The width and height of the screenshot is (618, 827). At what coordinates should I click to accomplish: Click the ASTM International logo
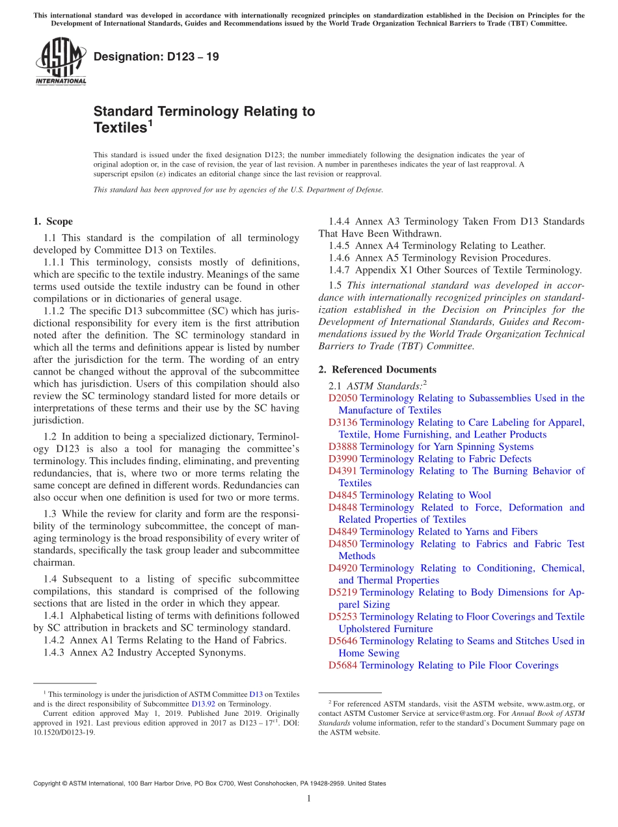pos(60,62)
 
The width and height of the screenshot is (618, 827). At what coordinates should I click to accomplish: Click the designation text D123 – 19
pos(156,57)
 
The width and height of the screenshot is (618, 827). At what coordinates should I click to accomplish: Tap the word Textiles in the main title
pos(120,128)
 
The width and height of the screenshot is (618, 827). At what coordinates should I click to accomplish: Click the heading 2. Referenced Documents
pos(377,369)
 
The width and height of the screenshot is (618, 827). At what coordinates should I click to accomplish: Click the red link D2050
pos(343,398)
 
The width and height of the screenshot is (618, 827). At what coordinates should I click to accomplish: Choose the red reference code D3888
pos(343,447)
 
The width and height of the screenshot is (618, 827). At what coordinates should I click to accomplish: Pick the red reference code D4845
pos(343,495)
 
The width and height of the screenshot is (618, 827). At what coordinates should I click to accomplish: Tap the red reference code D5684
pos(343,665)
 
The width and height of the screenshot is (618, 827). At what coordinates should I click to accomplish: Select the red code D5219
pos(343,592)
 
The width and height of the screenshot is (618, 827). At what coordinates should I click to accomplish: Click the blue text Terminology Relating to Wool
pos(425,495)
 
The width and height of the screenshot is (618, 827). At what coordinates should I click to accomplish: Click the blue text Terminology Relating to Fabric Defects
pos(446,459)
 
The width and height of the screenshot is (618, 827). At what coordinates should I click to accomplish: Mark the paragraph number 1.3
pos(50,514)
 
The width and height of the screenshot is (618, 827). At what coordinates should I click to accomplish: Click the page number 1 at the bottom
pos(309,799)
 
